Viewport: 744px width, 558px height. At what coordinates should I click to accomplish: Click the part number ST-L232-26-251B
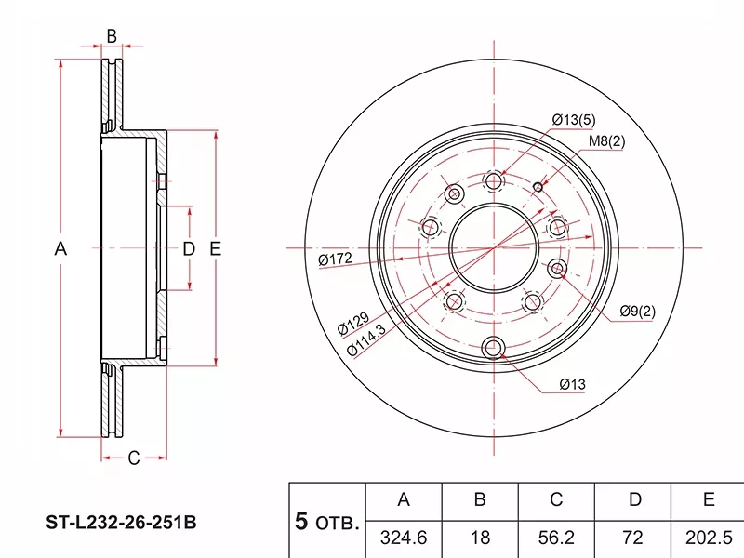[x=122, y=523]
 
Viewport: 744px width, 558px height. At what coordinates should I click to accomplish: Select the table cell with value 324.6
[x=404, y=538]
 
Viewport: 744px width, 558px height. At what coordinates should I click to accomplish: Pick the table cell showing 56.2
[x=555, y=538]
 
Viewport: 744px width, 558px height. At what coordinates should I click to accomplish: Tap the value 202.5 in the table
[x=708, y=538]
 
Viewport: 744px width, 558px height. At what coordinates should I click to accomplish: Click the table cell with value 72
[x=634, y=538]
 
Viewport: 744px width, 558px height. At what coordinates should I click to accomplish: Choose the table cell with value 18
[x=480, y=538]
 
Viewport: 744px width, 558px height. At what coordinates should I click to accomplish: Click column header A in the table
[x=404, y=500]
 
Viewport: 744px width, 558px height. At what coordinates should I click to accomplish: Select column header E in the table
[x=708, y=500]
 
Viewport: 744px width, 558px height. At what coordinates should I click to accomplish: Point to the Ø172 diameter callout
[x=334, y=259]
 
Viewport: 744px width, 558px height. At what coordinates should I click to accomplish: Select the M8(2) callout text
[x=606, y=141]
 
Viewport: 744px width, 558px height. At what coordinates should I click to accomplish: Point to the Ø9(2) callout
[x=637, y=311]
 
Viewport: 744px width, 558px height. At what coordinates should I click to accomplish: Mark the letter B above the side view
[x=111, y=36]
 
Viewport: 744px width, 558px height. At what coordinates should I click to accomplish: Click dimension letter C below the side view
[x=133, y=458]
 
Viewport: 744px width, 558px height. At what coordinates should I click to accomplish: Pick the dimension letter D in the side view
[x=188, y=248]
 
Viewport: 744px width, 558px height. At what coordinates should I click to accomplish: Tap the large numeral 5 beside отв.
[x=300, y=521]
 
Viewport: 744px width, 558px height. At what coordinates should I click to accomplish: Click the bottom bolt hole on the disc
[x=494, y=350]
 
